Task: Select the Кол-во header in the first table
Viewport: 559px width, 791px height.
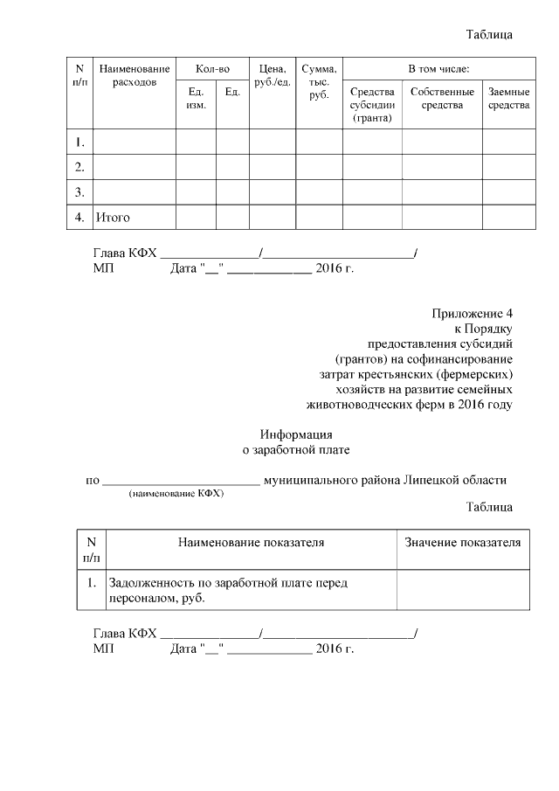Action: (x=212, y=68)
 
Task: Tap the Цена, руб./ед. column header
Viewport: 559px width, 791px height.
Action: (x=272, y=75)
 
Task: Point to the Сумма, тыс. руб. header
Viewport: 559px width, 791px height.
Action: (x=319, y=81)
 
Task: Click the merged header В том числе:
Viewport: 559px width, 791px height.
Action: (x=439, y=68)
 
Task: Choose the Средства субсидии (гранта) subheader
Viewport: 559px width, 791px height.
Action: (x=372, y=104)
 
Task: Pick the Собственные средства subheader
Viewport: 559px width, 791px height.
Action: (x=442, y=98)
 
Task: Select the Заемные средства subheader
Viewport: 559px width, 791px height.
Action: (x=508, y=98)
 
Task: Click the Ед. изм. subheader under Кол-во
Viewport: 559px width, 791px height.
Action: (x=196, y=98)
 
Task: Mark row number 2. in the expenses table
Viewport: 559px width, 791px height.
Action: (x=79, y=166)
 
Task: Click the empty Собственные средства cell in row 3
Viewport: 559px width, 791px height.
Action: (x=442, y=191)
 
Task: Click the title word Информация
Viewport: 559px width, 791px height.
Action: (x=296, y=434)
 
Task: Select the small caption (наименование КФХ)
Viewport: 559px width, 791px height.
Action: (x=176, y=494)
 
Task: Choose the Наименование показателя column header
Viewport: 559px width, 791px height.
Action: (x=252, y=543)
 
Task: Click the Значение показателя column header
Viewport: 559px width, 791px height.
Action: (x=463, y=543)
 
